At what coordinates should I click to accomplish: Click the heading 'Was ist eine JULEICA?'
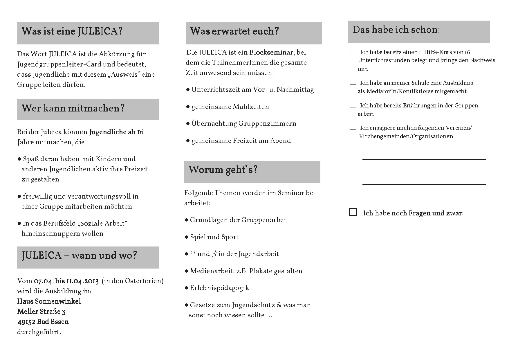pyautogui.click(x=72, y=31)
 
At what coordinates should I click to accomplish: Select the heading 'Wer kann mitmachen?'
pyautogui.click(x=73, y=109)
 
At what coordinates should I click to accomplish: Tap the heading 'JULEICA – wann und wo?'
pyautogui.click(x=79, y=256)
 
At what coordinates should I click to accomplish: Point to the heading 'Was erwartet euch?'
pyautogui.click(x=234, y=31)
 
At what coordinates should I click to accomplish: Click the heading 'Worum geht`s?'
pyautogui.click(x=223, y=170)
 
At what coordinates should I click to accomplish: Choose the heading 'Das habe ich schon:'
pyautogui.click(x=396, y=30)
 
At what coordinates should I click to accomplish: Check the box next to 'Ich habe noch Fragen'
pyautogui.click(x=353, y=212)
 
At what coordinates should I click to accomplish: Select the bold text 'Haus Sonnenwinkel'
pyautogui.click(x=49, y=301)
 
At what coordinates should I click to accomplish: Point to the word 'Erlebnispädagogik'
pyautogui.click(x=219, y=288)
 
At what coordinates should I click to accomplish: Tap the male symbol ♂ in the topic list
pyautogui.click(x=214, y=254)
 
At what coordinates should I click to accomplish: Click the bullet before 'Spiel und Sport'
pyautogui.click(x=187, y=237)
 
